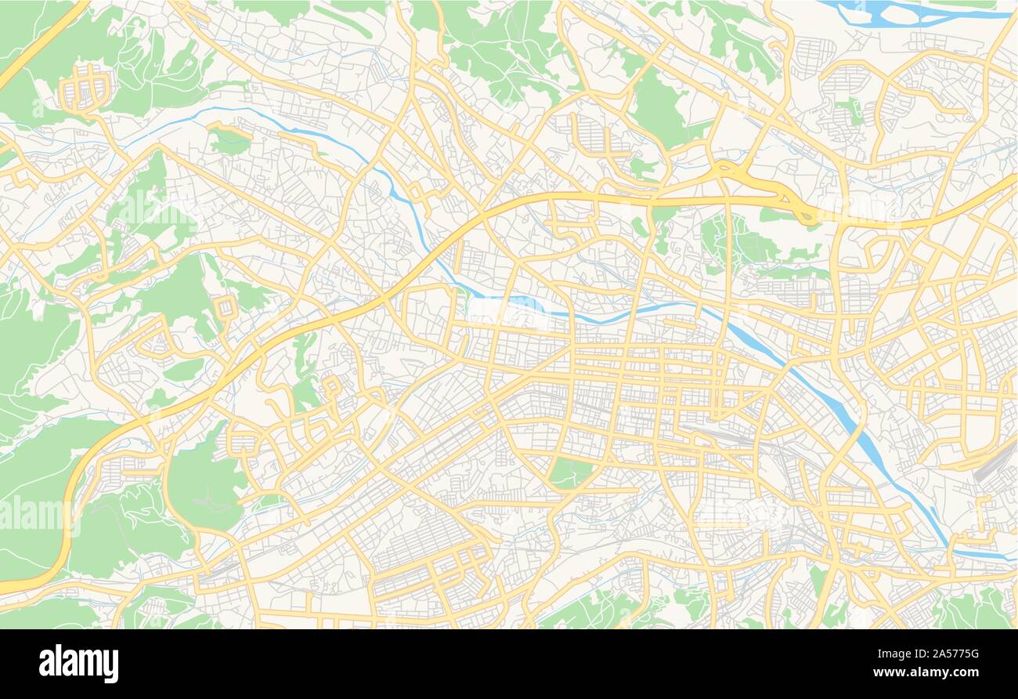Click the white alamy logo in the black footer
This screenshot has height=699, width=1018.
tap(78, 664)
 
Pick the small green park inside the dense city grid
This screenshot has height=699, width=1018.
tap(569, 473)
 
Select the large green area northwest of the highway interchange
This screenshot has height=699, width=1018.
tap(658, 110)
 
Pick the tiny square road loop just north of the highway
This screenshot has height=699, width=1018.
tap(226, 306)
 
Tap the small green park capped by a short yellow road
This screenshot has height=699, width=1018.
tap(229, 141)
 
